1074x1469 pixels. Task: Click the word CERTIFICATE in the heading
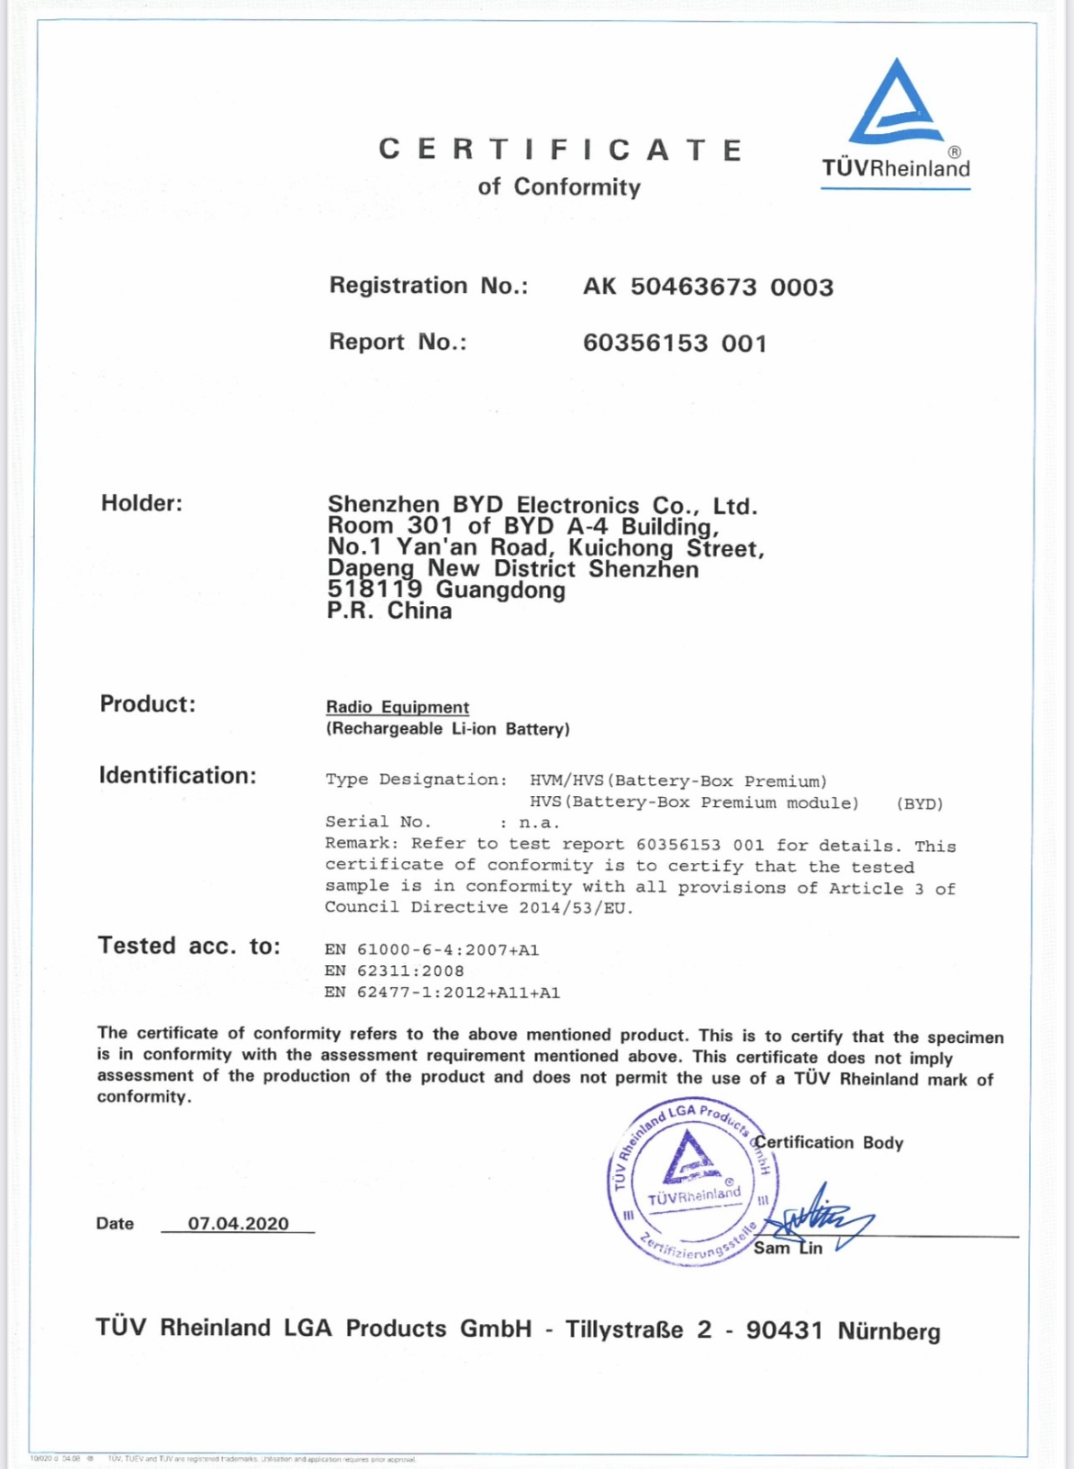click(x=561, y=150)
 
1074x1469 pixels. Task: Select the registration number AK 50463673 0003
click(x=708, y=287)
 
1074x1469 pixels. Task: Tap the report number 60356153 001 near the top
click(x=675, y=343)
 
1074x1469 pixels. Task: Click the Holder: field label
click(x=141, y=503)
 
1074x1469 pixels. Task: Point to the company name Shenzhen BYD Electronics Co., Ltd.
click(x=542, y=505)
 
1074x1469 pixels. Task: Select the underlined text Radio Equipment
click(x=397, y=707)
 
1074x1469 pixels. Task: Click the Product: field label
click(x=148, y=704)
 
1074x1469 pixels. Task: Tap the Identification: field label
click(x=177, y=776)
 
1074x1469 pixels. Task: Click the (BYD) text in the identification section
click(x=919, y=803)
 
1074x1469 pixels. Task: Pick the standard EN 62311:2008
click(x=395, y=970)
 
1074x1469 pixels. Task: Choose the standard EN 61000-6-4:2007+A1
click(x=431, y=949)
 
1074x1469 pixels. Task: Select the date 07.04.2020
click(x=238, y=1224)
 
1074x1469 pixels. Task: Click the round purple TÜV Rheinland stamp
click(x=693, y=1183)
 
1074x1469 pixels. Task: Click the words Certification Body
click(x=829, y=1143)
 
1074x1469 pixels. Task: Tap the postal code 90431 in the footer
click(x=784, y=1330)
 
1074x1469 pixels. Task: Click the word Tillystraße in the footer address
click(x=624, y=1329)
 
